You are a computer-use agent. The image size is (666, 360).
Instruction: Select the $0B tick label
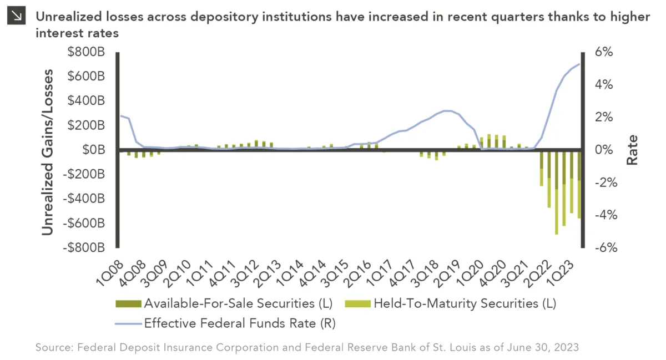pyautogui.click(x=95, y=150)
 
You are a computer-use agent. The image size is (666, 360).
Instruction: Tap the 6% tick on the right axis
pyautogui.click(x=604, y=52)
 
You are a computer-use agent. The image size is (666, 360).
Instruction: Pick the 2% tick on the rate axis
pyautogui.click(x=604, y=117)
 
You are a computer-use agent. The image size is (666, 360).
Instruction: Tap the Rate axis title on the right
pyautogui.click(x=632, y=150)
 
